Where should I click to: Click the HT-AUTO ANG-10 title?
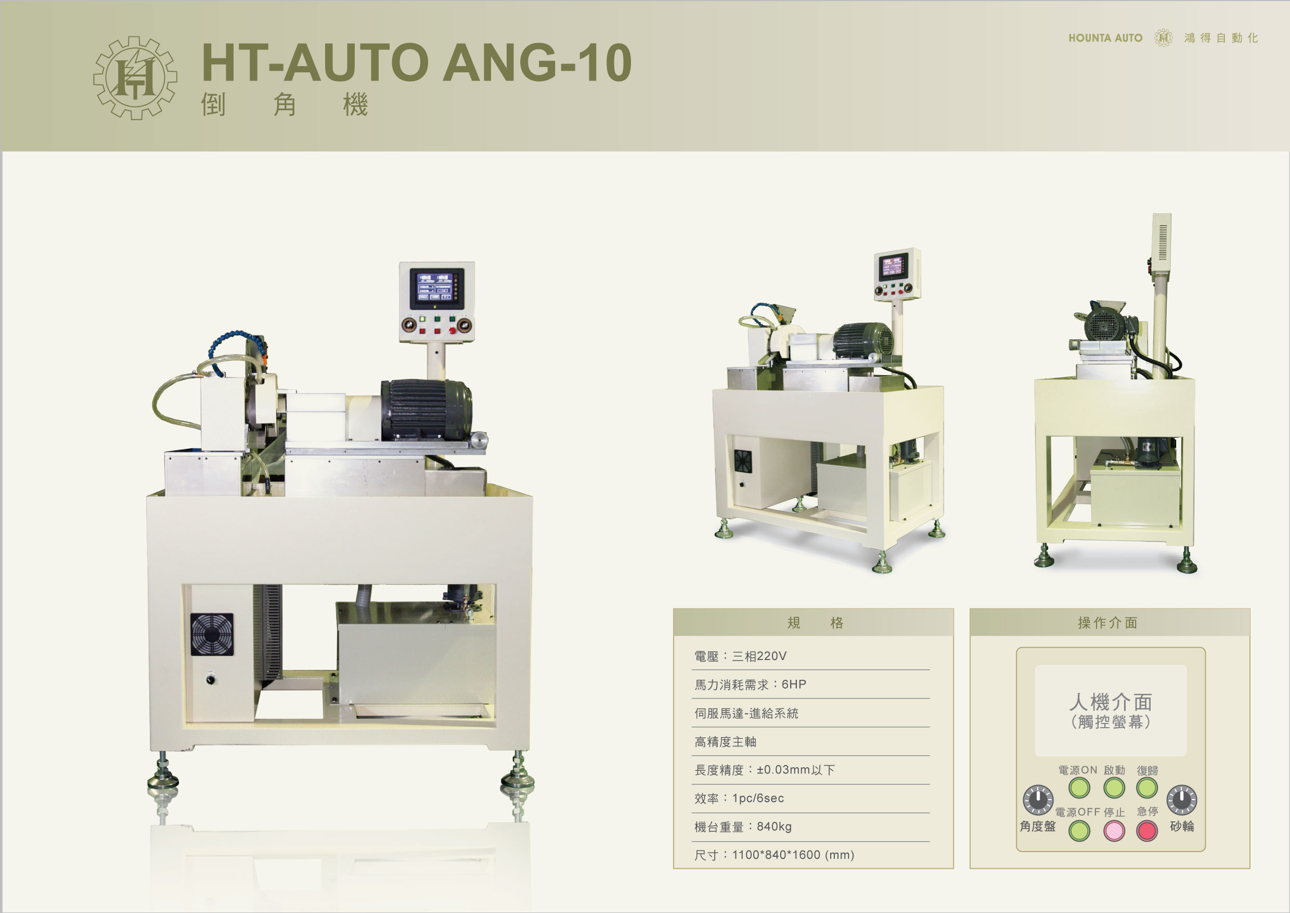click(416, 62)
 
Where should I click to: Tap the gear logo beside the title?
click(135, 78)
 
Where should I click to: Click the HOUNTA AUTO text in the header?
click(1105, 38)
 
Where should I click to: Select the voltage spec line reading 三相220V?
click(740, 656)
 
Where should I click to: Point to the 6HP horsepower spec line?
click(750, 684)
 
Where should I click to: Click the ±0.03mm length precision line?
click(764, 770)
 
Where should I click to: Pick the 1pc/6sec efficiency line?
click(739, 798)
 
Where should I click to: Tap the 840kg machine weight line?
click(743, 827)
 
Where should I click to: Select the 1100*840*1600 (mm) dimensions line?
click(773, 855)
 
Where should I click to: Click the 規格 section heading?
click(815, 623)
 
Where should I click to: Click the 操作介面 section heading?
click(1107, 623)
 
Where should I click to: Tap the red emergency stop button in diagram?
click(1147, 830)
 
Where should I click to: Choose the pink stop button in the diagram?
click(1114, 830)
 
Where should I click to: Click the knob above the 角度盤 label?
click(1038, 800)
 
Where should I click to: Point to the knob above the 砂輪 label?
click(1182, 800)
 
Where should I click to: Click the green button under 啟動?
click(1114, 788)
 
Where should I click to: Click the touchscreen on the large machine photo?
click(436, 288)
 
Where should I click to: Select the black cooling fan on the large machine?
click(212, 634)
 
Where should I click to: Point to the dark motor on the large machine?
click(426, 409)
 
